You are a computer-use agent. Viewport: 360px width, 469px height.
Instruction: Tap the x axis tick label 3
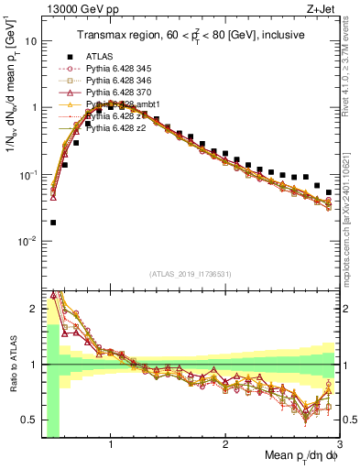click(339, 445)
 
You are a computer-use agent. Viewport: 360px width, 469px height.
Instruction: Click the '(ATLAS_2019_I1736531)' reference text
click(190, 274)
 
